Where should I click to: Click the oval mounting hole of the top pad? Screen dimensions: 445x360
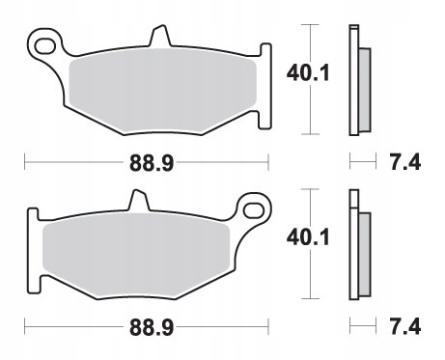tap(44, 46)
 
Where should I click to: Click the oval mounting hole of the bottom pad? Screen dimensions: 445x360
tap(254, 210)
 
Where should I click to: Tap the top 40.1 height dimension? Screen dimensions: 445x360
tap(308, 73)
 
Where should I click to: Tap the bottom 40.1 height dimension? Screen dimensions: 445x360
tap(308, 237)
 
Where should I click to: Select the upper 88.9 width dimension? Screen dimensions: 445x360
tap(152, 163)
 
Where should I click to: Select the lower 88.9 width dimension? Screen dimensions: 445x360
tap(152, 327)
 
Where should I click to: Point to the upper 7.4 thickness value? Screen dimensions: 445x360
tap(405, 162)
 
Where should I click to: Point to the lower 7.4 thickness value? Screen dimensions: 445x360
tap(405, 326)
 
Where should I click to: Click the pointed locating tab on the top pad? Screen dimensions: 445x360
tap(160, 35)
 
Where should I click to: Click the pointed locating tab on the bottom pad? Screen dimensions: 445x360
tap(139, 200)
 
